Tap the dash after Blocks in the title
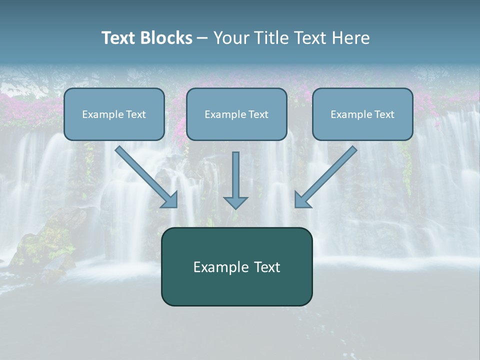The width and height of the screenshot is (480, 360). coord(202,38)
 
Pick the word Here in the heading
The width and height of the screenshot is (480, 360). coord(352,38)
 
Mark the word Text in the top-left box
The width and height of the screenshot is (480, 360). coord(136,114)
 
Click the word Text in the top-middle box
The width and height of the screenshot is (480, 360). coord(258,114)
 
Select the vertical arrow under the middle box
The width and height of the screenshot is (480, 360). coord(235,175)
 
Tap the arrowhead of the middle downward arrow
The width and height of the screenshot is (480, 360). coord(235,203)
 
